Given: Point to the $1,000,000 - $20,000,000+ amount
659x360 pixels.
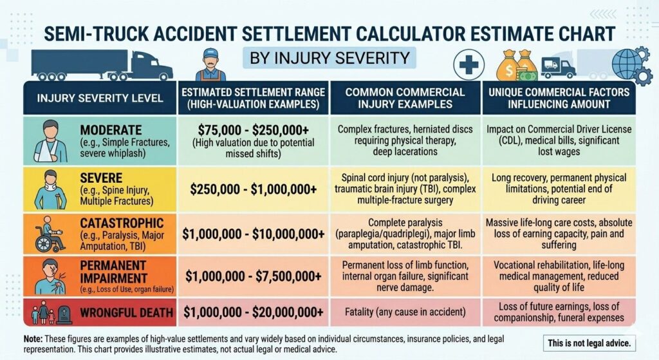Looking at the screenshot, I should click(252, 312).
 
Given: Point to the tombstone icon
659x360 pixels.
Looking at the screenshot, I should click(62, 314).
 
